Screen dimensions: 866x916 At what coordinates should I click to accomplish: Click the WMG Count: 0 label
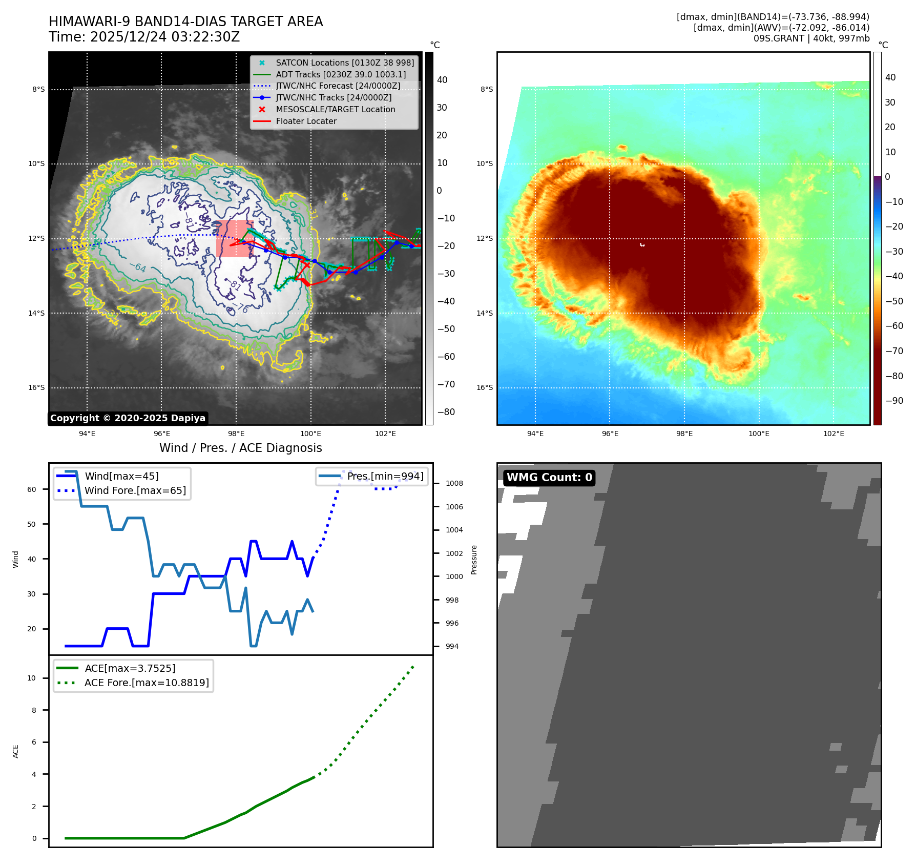click(549, 478)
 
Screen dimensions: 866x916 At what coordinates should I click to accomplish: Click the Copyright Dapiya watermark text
click(128, 418)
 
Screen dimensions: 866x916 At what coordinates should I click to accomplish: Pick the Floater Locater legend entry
click(306, 121)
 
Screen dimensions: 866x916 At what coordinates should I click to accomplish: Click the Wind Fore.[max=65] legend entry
click(135, 490)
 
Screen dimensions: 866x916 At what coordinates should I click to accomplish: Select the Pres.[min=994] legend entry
click(385, 476)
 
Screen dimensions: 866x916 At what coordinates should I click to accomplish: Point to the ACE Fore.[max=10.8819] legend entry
click(147, 683)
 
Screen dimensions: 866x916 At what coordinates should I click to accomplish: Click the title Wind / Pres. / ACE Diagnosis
click(240, 448)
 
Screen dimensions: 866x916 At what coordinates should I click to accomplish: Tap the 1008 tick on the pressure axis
click(454, 483)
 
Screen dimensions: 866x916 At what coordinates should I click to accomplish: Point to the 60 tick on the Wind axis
click(32, 489)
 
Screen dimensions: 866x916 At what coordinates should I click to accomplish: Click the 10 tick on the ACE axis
click(32, 678)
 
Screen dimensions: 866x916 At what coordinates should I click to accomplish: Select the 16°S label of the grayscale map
click(36, 387)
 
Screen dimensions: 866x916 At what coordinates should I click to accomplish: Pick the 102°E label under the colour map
click(834, 434)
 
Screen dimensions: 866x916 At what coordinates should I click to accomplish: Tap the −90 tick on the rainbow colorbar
click(894, 401)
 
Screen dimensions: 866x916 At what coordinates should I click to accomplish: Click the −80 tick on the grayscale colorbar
click(446, 412)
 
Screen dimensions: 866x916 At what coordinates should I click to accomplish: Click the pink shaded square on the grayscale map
click(235, 239)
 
